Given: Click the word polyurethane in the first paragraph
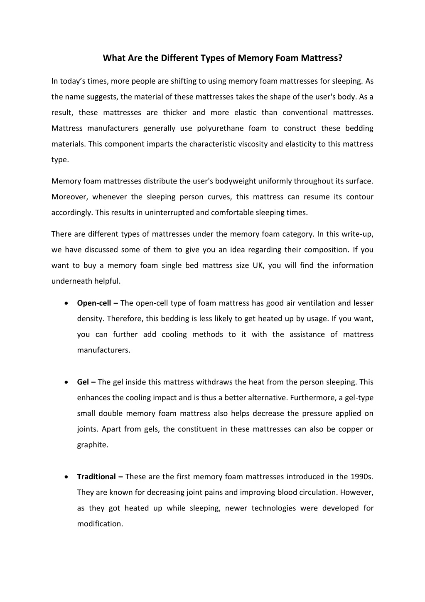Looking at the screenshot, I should click(220, 128).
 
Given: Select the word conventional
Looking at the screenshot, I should click(305, 112).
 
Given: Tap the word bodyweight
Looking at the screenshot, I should click(236, 181).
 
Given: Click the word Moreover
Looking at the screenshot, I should click(69, 197).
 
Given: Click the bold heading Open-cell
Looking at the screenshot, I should click(94, 303).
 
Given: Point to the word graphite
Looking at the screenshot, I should click(92, 445).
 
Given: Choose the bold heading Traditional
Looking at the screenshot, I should click(96, 477).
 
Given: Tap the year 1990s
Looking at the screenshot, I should click(362, 477).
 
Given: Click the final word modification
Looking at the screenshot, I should click(100, 524).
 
